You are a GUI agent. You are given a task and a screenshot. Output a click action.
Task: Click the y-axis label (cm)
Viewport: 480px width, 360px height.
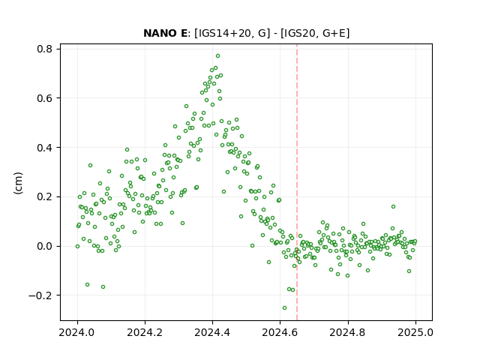(x=18, y=183)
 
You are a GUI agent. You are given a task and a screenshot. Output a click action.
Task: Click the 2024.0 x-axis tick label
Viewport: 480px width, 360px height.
(x=77, y=332)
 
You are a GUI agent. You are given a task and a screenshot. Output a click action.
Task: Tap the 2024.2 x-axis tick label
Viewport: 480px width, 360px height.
(x=145, y=332)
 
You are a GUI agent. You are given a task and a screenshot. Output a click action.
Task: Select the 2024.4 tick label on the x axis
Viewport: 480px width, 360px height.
(x=212, y=332)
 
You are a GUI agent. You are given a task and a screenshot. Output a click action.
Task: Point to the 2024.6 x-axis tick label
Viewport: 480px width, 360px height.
(x=280, y=332)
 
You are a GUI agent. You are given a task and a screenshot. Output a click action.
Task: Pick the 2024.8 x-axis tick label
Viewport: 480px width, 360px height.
(x=348, y=332)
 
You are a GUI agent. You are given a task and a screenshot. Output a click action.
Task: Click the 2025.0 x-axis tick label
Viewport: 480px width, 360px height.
(x=415, y=332)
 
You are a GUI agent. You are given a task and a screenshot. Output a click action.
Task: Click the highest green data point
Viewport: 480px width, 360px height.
(x=217, y=56)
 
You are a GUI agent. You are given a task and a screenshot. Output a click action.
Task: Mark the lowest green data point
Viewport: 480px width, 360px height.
(x=284, y=307)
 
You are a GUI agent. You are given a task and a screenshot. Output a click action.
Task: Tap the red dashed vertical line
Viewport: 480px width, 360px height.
(x=297, y=182)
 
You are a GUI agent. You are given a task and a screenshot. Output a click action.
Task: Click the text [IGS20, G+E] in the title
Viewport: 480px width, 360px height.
(x=315, y=33)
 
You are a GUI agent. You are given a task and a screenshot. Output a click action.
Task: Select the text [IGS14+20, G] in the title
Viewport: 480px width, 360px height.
(x=232, y=33)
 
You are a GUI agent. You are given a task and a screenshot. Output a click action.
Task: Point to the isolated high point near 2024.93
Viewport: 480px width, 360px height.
(x=393, y=207)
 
